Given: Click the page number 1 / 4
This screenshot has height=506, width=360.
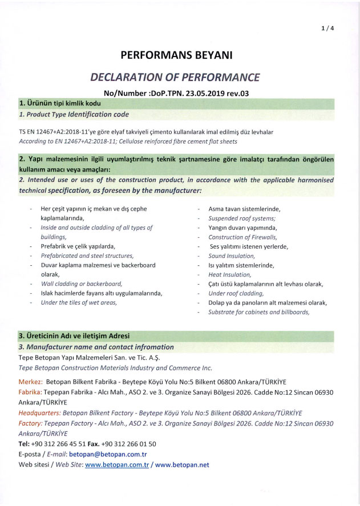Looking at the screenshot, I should [x=327, y=29].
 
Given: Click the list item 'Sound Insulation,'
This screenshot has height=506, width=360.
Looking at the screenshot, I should [x=232, y=256].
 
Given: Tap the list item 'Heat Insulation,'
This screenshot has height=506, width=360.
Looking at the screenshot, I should [x=230, y=275].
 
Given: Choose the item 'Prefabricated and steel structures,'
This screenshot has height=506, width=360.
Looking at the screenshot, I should [x=87, y=256].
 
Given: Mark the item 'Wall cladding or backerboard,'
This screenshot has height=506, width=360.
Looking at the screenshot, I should [x=82, y=284].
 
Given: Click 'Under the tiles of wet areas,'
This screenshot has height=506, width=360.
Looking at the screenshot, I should [x=79, y=303].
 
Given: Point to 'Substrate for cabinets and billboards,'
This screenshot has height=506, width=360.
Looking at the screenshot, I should [x=259, y=312].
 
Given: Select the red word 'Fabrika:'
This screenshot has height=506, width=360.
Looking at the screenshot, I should [x=31, y=392].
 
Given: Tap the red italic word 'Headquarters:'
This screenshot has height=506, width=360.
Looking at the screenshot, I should [x=40, y=413].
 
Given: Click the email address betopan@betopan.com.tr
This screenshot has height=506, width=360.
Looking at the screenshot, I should [x=112, y=454].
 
